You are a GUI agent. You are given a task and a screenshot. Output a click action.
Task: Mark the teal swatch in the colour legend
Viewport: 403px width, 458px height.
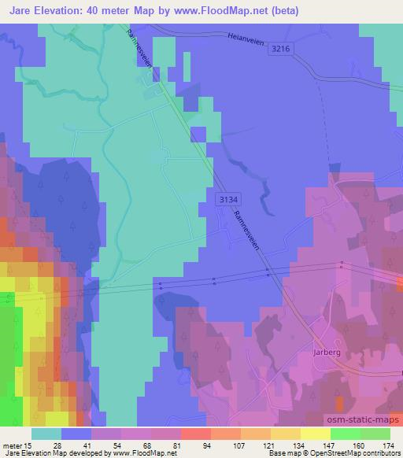click(46, 434)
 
